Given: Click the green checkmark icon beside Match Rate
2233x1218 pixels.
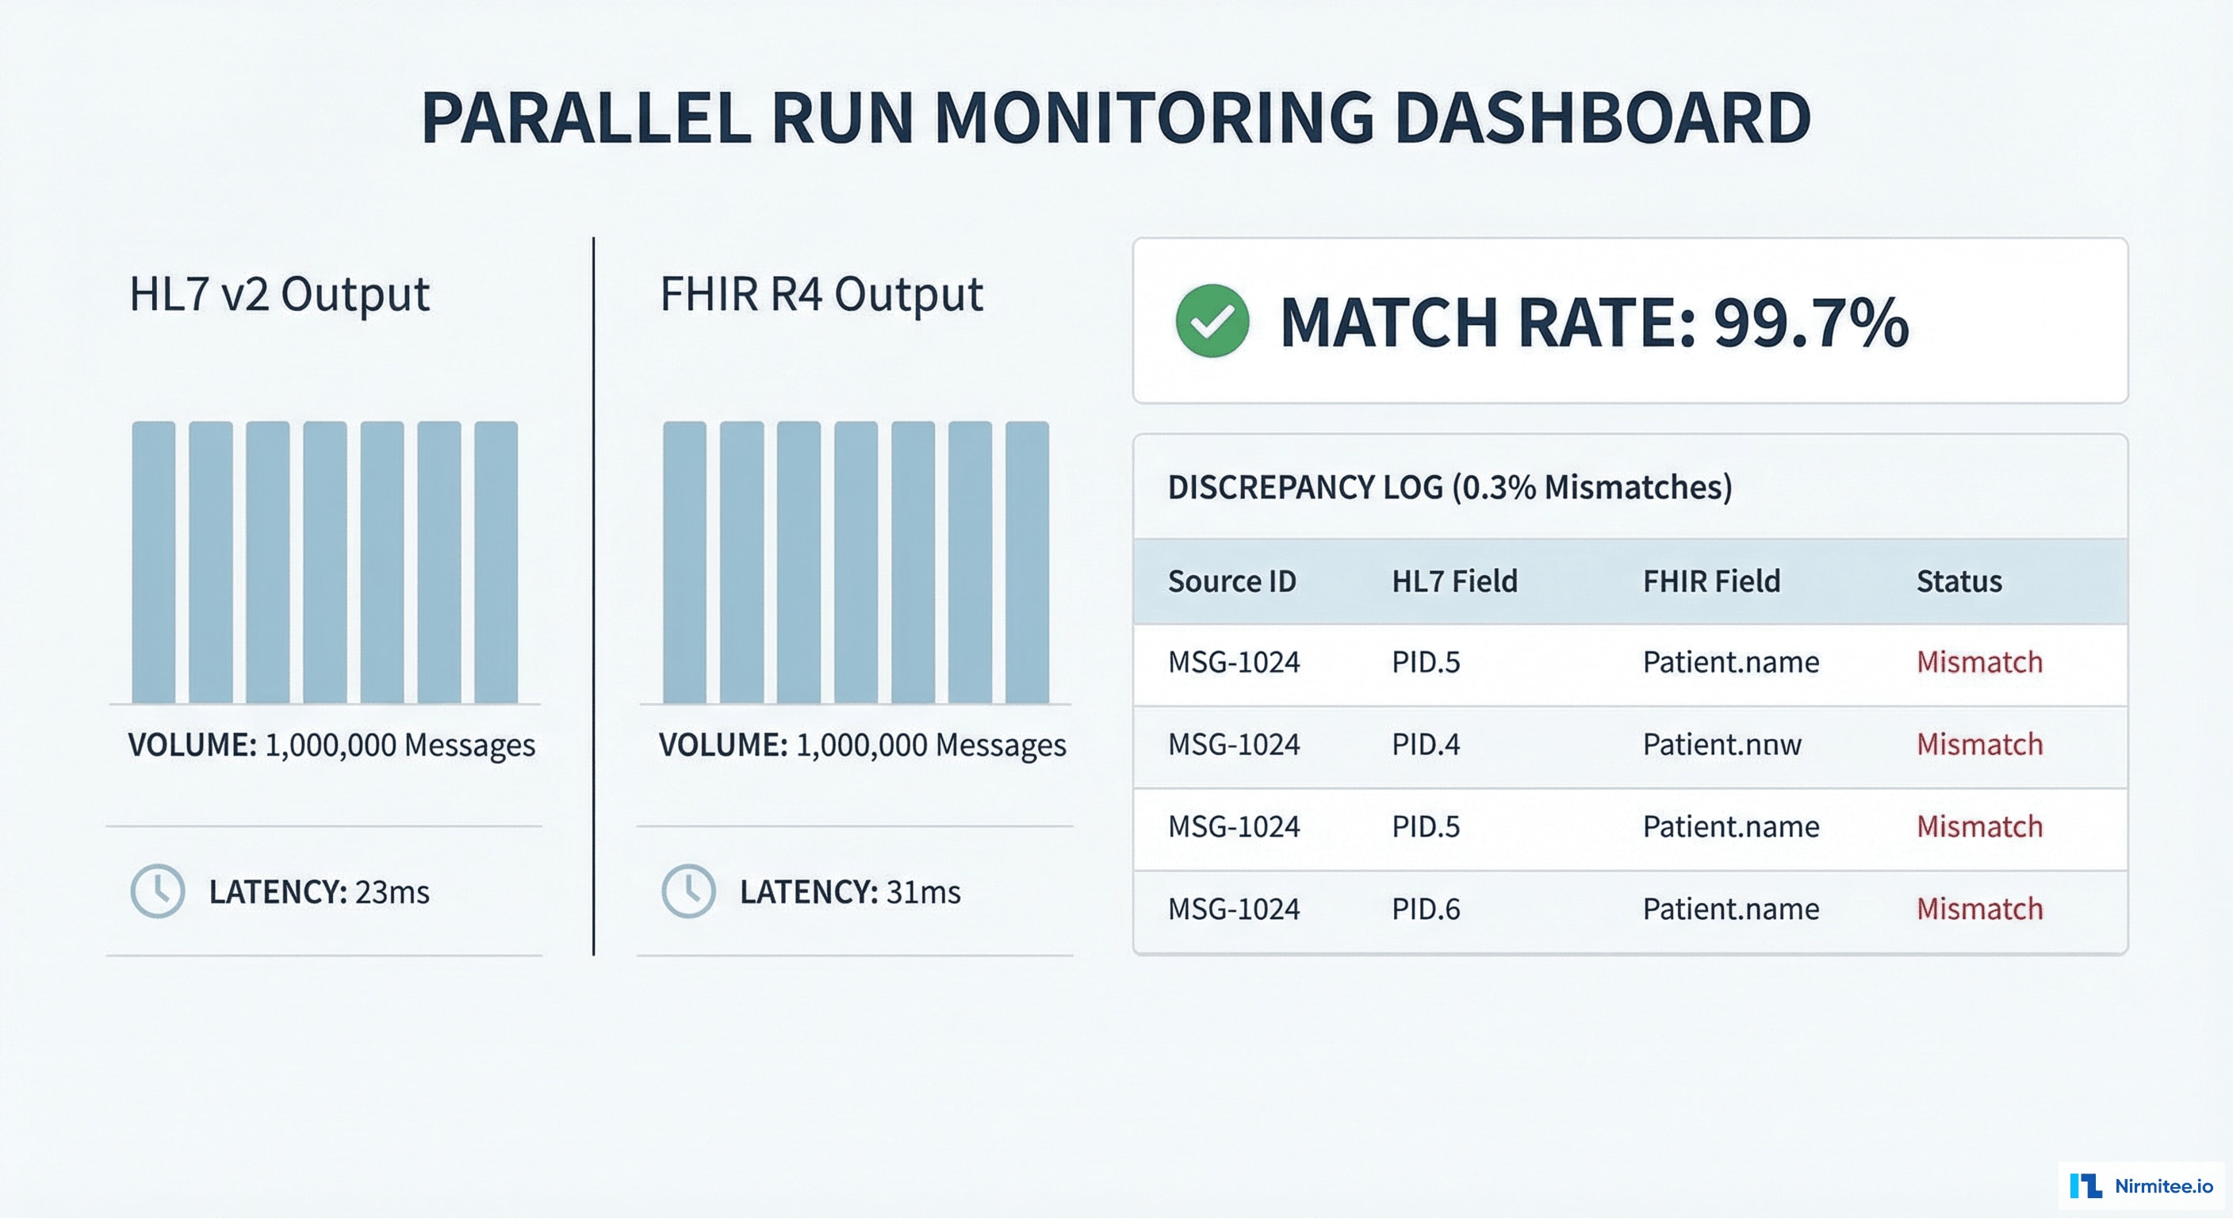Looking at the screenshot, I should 1212,320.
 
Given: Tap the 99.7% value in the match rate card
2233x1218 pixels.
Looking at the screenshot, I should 1810,323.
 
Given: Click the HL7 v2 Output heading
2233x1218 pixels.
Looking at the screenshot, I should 278,294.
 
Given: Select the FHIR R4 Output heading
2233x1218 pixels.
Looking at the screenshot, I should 821,294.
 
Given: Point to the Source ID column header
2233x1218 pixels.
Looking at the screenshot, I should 1231,580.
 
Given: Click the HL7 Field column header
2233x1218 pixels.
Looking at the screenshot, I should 1454,580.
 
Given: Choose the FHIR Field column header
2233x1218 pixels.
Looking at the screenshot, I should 1710,580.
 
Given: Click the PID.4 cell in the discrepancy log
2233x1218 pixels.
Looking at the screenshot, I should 1425,744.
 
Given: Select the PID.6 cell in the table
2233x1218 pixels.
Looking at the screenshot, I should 1425,909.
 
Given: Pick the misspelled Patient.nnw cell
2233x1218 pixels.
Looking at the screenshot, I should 1722,744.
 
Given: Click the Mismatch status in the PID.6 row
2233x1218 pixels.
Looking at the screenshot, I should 1979,909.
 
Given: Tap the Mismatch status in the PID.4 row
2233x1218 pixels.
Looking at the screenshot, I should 1979,744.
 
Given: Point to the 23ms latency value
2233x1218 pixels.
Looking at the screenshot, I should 392,892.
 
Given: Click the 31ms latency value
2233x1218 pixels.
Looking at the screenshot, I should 923,892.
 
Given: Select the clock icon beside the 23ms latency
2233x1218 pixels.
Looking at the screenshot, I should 158,891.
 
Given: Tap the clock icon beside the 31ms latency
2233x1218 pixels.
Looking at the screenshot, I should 688,891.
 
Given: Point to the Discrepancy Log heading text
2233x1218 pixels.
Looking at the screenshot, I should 1449,487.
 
